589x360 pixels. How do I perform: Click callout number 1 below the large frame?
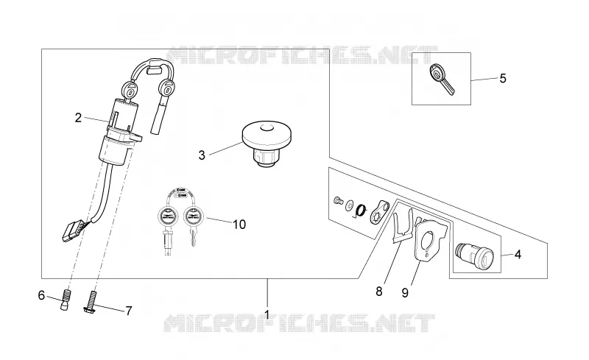tap(267, 314)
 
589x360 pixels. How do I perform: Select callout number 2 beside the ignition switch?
tap(78, 118)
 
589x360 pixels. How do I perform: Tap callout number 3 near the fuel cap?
tap(202, 155)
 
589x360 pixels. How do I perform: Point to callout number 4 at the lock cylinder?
tap(518, 255)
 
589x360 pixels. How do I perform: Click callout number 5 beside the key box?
tap(503, 79)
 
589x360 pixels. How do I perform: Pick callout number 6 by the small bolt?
tap(41, 296)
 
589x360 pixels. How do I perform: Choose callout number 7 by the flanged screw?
tap(128, 311)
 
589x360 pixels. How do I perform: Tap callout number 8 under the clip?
tap(379, 292)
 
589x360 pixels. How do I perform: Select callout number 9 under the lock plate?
tap(405, 293)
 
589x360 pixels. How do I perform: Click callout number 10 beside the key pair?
tap(239, 225)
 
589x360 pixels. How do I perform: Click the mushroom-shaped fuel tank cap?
tap(267, 144)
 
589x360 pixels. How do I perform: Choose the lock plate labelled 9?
tap(431, 240)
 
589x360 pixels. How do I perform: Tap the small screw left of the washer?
tap(338, 200)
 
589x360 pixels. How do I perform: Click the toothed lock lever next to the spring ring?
tap(380, 212)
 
